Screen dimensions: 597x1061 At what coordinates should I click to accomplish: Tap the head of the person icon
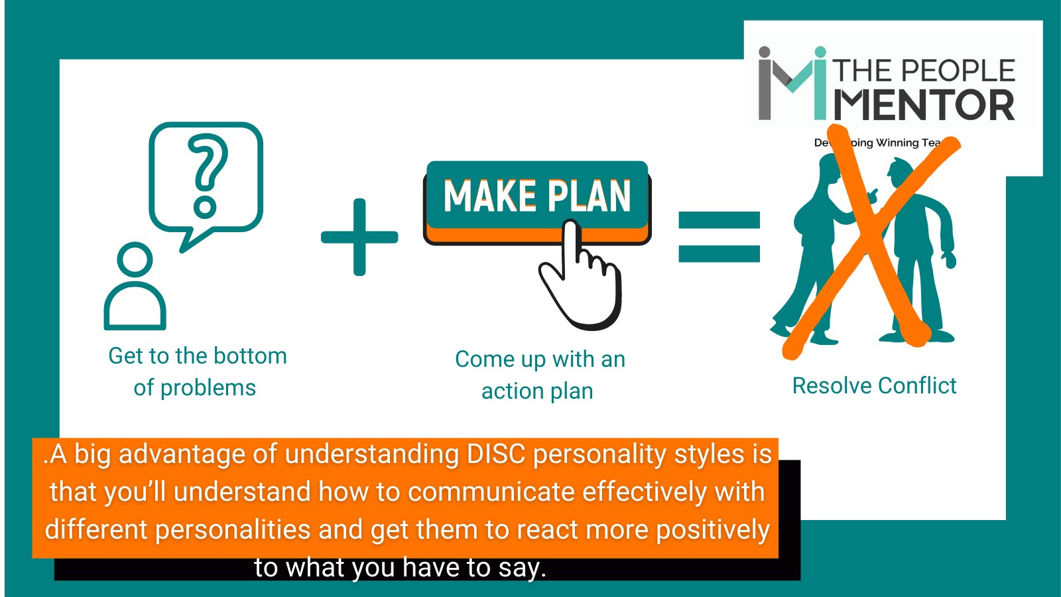point(135,259)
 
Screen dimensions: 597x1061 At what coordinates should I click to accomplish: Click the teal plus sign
point(359,237)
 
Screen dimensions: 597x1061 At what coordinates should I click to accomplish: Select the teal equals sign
point(719,237)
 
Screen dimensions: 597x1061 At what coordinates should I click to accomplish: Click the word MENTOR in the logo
point(924,105)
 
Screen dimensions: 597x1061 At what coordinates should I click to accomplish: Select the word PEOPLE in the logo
point(958,71)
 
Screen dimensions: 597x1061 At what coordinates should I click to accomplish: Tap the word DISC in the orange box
point(496,454)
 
